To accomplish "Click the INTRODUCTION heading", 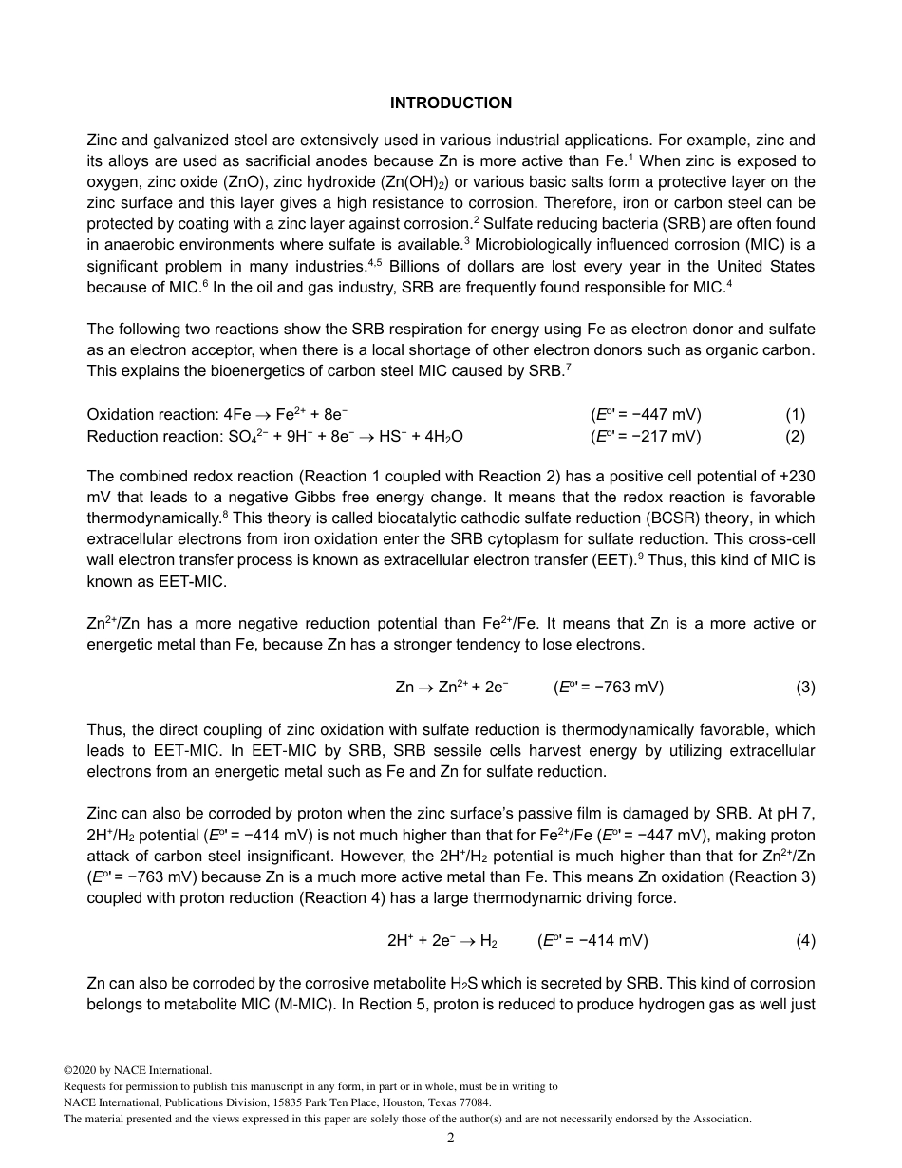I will (450, 104).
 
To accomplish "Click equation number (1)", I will (795, 415).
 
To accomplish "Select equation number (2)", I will (795, 436).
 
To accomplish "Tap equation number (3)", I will (805, 688).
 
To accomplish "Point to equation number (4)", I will (805, 941).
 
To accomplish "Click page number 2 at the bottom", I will (451, 1138).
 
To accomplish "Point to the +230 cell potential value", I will (798, 477).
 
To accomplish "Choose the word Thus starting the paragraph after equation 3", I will (103, 730).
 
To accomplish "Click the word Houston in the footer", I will (381, 1102).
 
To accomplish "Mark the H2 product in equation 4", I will (488, 941).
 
